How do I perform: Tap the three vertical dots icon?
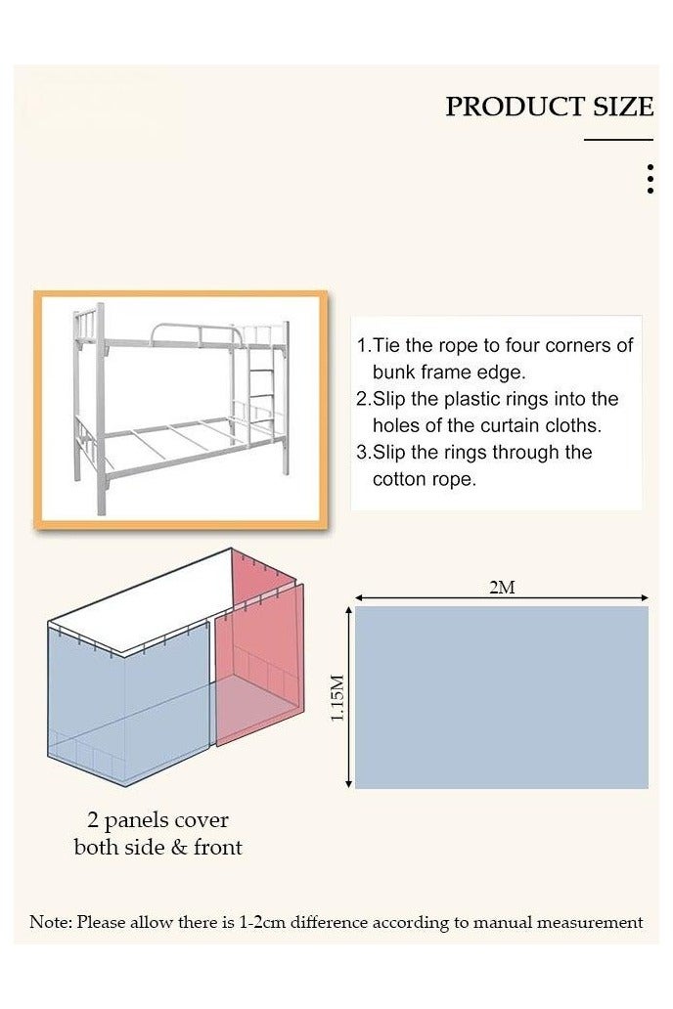(651, 179)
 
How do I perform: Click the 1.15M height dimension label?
(337, 696)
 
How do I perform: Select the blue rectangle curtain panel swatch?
(501, 696)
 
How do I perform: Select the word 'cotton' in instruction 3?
(400, 479)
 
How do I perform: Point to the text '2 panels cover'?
(157, 819)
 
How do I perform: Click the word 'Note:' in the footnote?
(50, 921)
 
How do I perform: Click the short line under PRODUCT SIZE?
(618, 140)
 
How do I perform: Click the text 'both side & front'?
(157, 847)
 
